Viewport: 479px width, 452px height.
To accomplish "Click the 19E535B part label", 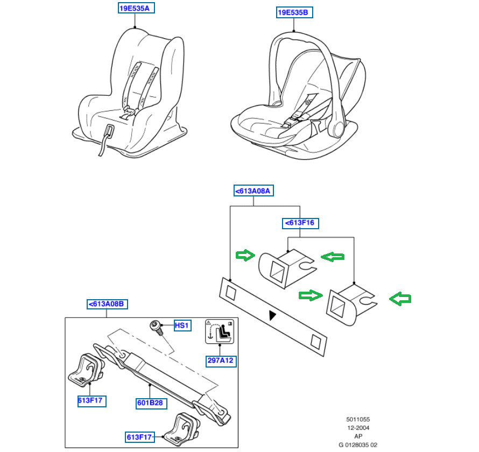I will pos(294,12).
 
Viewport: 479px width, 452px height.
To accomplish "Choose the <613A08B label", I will pos(108,304).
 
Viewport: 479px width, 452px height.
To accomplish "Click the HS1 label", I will pos(182,326).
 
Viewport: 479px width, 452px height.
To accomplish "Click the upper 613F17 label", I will pos(91,400).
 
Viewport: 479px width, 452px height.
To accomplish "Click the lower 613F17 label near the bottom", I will pos(140,436).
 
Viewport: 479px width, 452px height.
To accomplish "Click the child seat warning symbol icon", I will pos(219,333).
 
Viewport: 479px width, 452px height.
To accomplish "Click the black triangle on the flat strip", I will pos(274,315).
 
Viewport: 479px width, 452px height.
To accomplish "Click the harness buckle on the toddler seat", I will pos(129,112).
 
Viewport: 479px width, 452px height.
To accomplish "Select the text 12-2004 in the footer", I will pos(357,428).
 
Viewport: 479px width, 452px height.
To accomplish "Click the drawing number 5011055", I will pos(357,420).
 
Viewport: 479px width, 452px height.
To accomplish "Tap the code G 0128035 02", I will pos(358,444).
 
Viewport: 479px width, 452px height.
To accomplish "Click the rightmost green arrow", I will pos(400,299).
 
